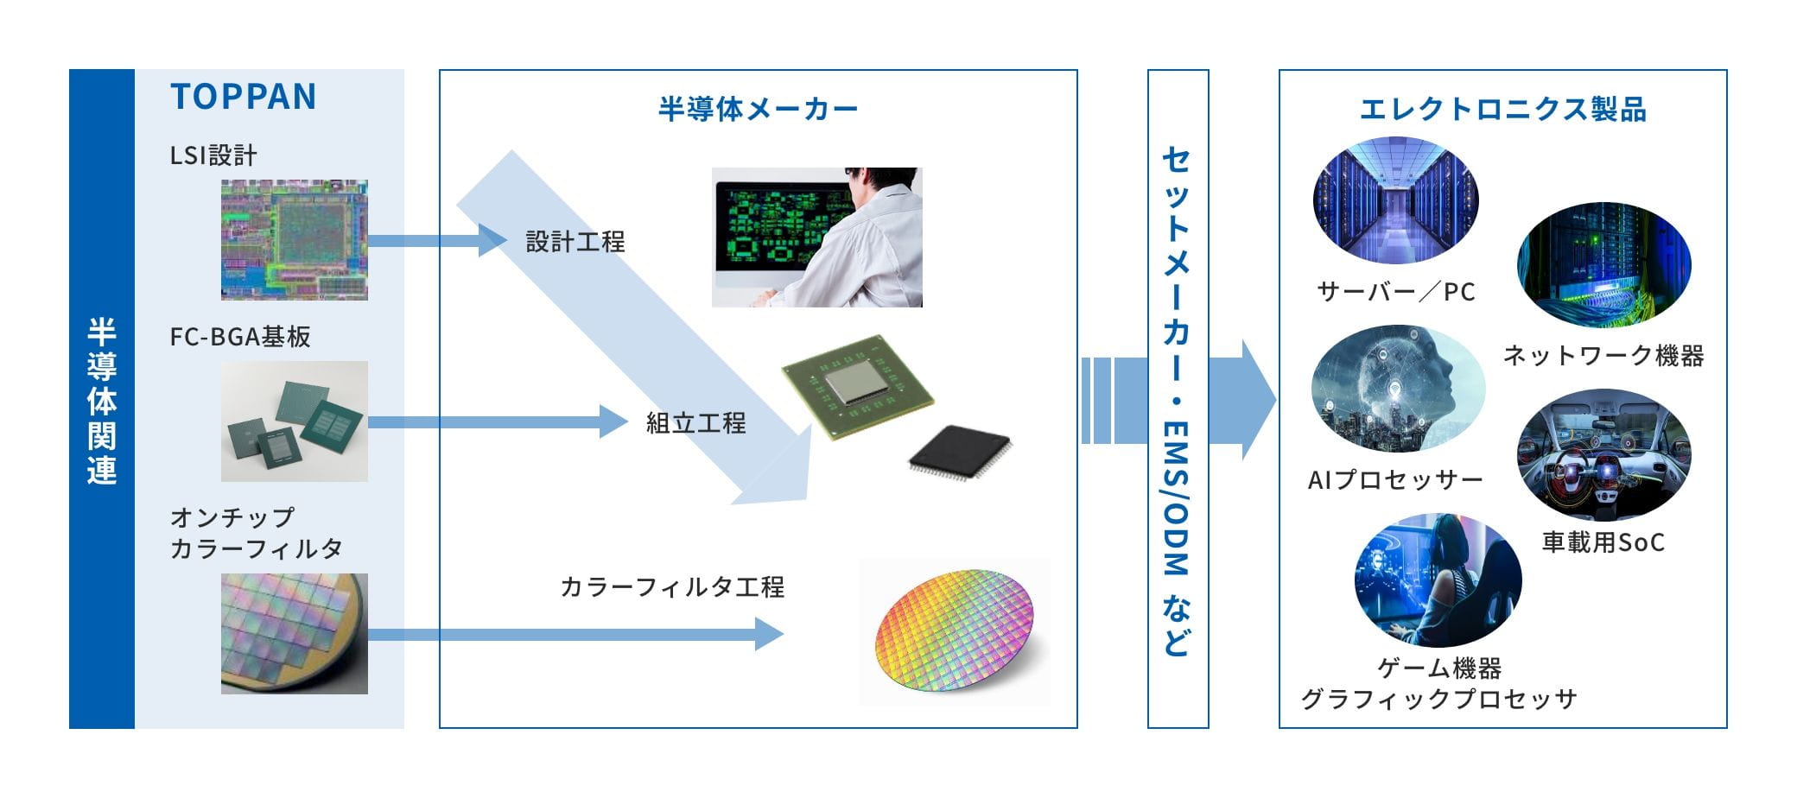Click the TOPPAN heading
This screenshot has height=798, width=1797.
click(x=244, y=97)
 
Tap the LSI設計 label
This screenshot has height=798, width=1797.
click(x=213, y=155)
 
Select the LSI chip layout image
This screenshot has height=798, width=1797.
click(x=294, y=240)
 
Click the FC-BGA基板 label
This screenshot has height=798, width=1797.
click(x=240, y=337)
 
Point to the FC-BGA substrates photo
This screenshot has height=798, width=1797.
click(x=294, y=421)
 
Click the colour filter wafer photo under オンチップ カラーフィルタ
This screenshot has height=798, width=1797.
click(x=294, y=633)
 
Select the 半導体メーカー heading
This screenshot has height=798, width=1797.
click(x=758, y=110)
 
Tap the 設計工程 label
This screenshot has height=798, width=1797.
click(x=575, y=242)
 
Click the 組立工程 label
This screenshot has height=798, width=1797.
click(x=695, y=423)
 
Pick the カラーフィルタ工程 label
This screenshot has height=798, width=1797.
click(x=672, y=587)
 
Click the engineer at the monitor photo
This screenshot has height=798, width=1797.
click(x=816, y=237)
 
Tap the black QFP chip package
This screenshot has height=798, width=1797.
click(x=959, y=450)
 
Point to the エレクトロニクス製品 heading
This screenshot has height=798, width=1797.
click(x=1502, y=110)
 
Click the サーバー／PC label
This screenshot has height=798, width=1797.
click(x=1395, y=292)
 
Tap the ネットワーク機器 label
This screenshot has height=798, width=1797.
click(x=1603, y=356)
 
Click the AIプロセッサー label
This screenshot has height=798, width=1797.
click(x=1395, y=480)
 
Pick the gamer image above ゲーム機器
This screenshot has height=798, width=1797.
click(x=1438, y=580)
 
